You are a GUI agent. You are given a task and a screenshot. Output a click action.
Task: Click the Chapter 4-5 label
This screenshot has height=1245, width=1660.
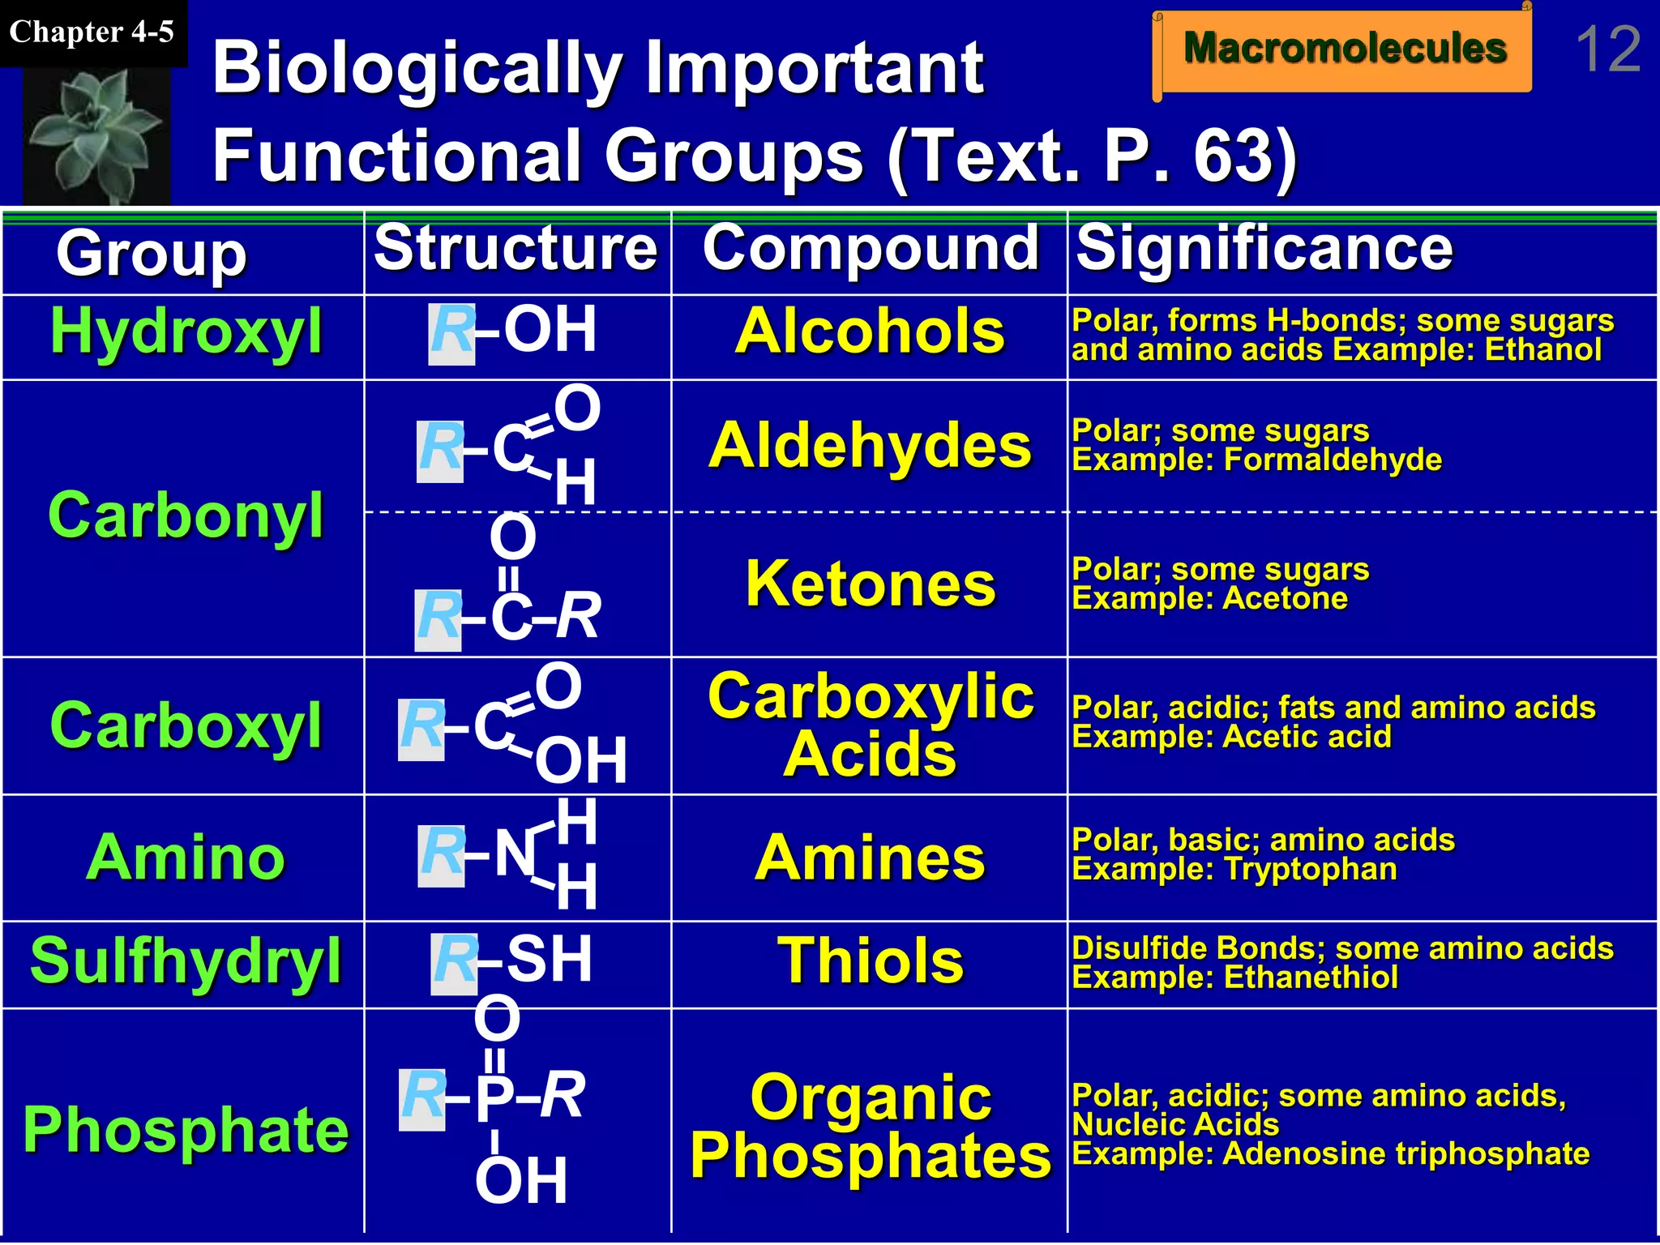click(x=92, y=32)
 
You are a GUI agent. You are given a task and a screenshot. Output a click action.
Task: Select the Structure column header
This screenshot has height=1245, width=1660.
click(x=516, y=248)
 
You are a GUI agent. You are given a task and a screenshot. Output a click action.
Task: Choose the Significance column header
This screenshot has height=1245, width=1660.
click(x=1264, y=248)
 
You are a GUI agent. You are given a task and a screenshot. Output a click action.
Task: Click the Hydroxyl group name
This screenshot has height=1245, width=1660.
click(x=186, y=332)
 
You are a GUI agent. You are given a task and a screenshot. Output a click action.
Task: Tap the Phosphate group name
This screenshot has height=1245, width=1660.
click(x=186, y=1128)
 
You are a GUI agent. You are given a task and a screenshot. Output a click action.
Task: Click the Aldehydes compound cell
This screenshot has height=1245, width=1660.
click(x=870, y=446)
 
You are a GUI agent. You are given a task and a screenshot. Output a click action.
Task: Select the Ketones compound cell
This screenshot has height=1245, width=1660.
click(x=870, y=584)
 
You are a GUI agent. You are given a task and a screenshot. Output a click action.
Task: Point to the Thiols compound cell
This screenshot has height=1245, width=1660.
click(x=870, y=961)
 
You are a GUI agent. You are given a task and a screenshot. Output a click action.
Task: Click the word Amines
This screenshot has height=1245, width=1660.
click(x=870, y=858)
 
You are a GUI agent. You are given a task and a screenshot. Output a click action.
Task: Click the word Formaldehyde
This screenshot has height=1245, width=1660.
click(x=1333, y=460)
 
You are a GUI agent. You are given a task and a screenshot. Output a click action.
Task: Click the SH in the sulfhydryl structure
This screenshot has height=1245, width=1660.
click(x=550, y=960)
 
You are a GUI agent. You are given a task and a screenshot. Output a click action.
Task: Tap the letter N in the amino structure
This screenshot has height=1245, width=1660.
click(x=515, y=854)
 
